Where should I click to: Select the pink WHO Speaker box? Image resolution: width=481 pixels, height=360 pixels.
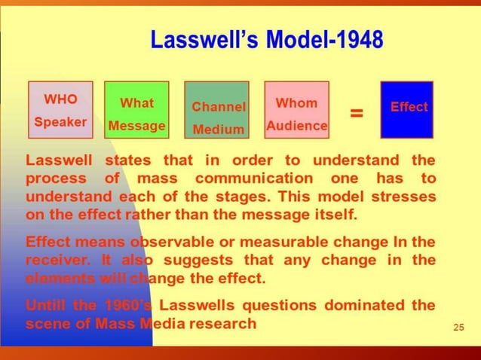coord(60,110)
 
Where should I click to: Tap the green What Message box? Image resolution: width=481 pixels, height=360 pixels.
coord(136,110)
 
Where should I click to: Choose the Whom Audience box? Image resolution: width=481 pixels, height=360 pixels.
coord(297,110)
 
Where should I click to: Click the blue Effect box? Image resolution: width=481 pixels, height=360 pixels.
coord(408,110)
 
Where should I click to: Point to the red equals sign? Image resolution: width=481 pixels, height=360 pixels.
coord(357,113)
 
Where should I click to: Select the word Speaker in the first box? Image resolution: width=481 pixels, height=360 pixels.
coord(60,121)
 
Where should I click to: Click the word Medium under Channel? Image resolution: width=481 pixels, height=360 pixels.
coord(218,130)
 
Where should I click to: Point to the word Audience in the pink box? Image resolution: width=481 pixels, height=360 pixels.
coord(297,126)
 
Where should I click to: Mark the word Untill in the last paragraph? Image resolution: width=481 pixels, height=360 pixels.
coord(49,306)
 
